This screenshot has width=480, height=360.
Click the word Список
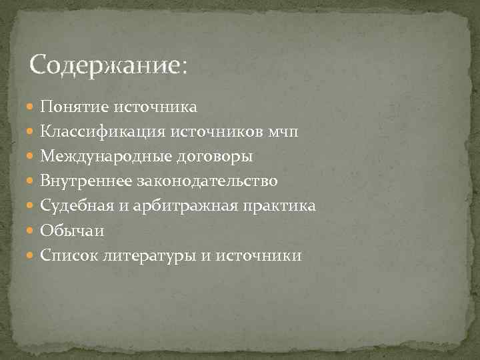pos(69,255)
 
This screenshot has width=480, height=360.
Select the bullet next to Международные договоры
pos(33,157)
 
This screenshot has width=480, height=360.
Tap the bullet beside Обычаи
pos(33,231)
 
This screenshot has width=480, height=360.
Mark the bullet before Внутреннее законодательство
pos(33,181)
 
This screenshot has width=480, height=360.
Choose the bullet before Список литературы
pos(33,255)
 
